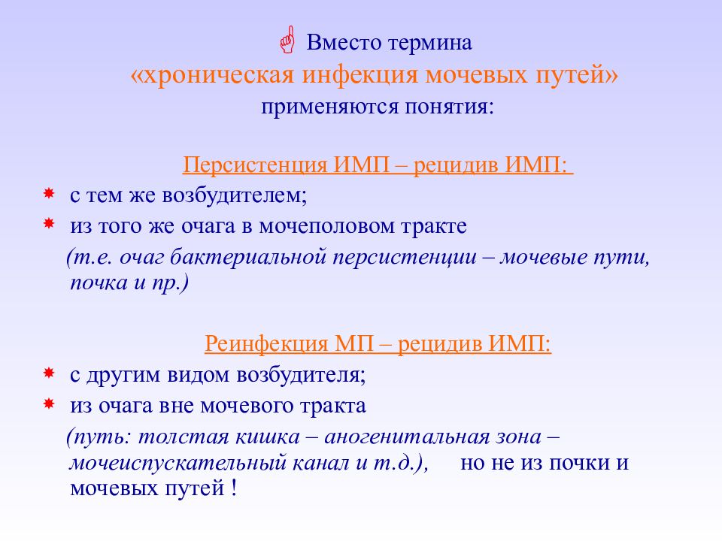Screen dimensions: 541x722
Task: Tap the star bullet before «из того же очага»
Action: [48, 224]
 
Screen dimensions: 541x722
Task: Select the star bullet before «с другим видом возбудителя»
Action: [48, 373]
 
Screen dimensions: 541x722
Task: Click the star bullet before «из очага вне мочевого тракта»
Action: [48, 404]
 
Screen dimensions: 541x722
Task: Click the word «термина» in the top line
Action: [430, 43]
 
